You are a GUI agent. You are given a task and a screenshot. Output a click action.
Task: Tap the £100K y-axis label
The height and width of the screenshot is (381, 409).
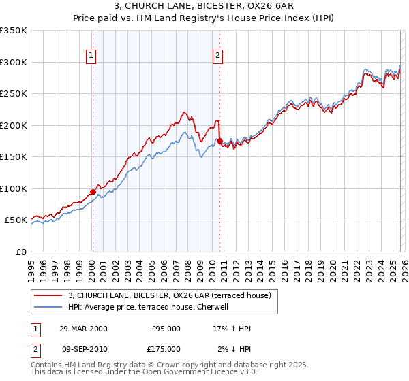[14, 188]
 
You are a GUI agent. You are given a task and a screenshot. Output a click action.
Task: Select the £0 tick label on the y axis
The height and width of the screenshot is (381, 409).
[20, 252]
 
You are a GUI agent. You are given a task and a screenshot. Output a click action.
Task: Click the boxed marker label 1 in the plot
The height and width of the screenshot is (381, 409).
[91, 56]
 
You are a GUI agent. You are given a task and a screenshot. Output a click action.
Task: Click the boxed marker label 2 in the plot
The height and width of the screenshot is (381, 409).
[217, 56]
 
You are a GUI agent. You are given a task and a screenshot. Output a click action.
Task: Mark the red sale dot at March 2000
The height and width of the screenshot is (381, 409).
[93, 192]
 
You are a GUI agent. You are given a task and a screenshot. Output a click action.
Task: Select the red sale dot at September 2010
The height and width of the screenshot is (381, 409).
[219, 142]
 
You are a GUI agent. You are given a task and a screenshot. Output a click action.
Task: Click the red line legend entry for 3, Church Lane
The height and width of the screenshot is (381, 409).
[170, 295]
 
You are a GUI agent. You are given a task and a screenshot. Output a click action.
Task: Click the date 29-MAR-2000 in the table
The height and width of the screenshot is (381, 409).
[82, 329]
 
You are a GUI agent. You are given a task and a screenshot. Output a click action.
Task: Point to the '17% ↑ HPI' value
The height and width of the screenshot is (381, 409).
[232, 329]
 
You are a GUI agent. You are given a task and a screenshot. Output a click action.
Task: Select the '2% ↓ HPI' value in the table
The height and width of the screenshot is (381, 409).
[233, 348]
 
